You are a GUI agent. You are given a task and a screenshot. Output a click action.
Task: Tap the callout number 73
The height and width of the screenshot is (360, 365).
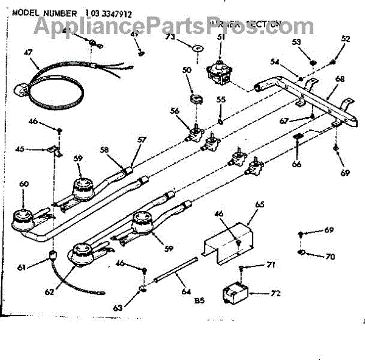(169, 37)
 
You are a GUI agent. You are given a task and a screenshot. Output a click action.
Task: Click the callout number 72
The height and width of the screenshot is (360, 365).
(276, 293)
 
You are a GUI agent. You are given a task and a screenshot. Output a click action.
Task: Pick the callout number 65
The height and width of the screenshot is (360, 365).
(260, 205)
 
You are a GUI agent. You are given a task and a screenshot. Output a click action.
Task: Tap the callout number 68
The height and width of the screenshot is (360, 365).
(339, 78)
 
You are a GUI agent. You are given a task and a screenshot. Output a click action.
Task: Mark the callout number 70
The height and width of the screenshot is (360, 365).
(330, 257)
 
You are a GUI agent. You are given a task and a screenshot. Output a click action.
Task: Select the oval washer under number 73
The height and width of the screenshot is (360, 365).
(195, 48)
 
